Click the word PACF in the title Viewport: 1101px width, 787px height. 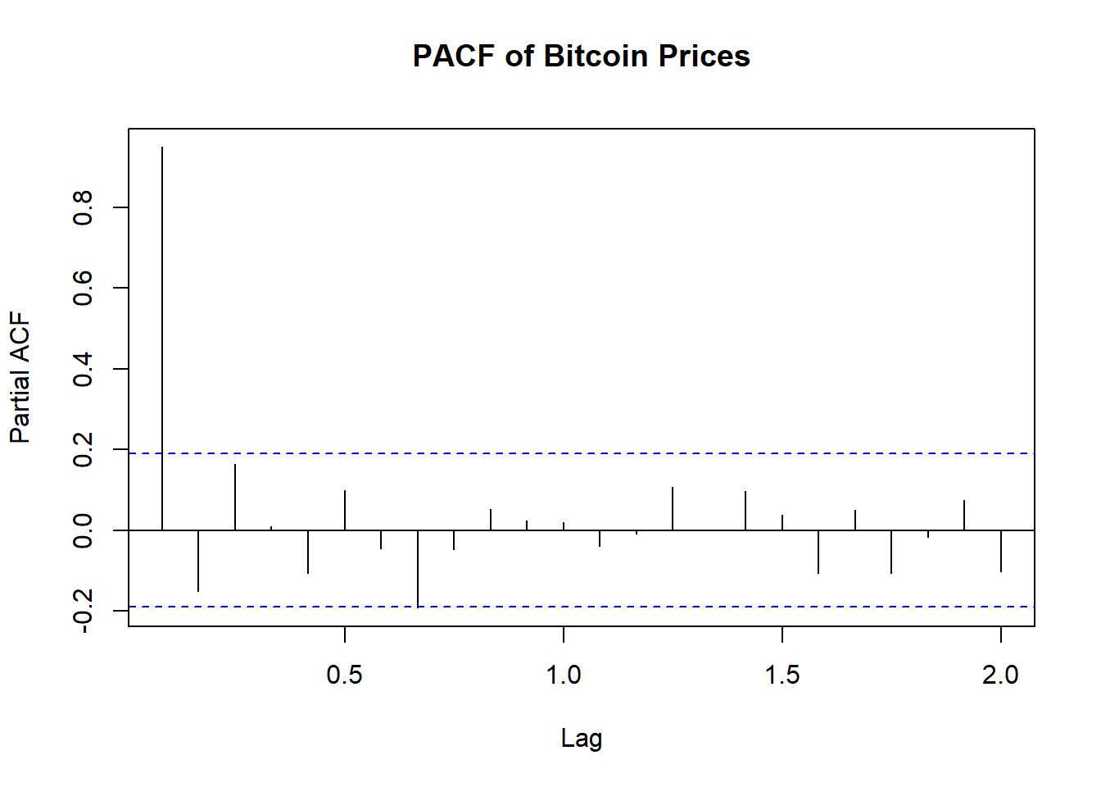[455, 56]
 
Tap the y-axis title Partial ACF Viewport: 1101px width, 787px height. [20, 378]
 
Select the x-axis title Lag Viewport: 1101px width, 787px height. [582, 738]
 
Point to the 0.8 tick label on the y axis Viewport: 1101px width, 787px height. [84, 207]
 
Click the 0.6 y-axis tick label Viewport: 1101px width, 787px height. [84, 289]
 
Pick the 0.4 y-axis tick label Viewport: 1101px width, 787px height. [84, 369]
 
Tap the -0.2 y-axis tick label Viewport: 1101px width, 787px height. [84, 611]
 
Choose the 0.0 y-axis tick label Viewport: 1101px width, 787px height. [84, 530]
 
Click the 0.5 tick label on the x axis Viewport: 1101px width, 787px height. [345, 675]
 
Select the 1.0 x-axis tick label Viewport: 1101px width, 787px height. [564, 675]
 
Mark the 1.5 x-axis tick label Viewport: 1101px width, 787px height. [782, 675]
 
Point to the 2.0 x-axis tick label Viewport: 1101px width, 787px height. [1000, 675]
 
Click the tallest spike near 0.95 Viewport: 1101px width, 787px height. [162, 328]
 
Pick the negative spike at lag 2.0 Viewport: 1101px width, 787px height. [1001, 552]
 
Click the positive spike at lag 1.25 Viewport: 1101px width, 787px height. [673, 508]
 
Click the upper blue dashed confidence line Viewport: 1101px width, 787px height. [573, 453]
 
